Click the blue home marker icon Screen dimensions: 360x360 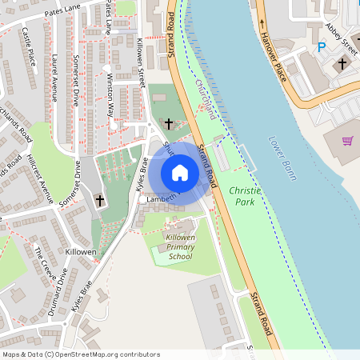pos(180,172)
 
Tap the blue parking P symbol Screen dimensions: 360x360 pos(322,47)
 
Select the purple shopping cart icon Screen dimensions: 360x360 pos(347,141)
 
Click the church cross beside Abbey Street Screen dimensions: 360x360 pos(342,62)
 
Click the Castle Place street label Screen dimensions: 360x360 pos(29,46)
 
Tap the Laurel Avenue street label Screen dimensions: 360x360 pos(54,77)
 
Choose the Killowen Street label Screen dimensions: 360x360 pos(142,61)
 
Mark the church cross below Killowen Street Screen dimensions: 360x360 pos(168,123)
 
